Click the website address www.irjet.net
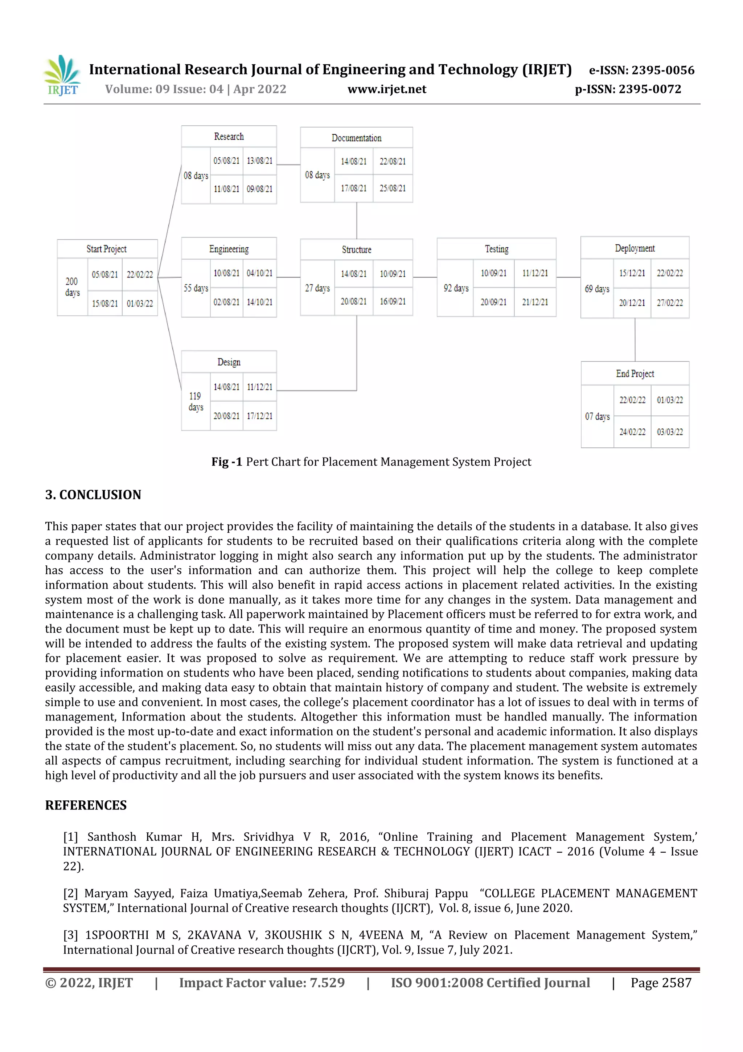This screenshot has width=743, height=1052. pyautogui.click(x=387, y=89)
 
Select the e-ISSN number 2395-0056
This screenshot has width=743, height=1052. pyautogui.click(x=663, y=70)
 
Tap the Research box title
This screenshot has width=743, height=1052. pyautogui.click(x=229, y=137)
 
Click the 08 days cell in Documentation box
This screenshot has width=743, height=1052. pyautogui.click(x=317, y=175)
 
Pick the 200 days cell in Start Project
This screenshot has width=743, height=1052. pyautogui.click(x=72, y=287)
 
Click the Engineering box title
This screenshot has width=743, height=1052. pyautogui.click(x=229, y=249)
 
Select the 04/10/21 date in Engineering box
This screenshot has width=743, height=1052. pyautogui.click(x=259, y=273)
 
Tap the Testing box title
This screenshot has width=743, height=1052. pyautogui.click(x=497, y=249)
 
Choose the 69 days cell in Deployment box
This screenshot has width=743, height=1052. pyautogui.click(x=597, y=289)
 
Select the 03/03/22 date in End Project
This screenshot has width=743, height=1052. pyautogui.click(x=670, y=432)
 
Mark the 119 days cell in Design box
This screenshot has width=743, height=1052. pyautogui.click(x=196, y=401)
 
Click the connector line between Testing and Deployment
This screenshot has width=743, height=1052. pyautogui.click(x=568, y=277)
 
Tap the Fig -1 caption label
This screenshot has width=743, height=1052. pyautogui.click(x=227, y=462)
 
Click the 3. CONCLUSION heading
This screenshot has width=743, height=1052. pyautogui.click(x=93, y=495)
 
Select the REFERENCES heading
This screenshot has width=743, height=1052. pyautogui.click(x=86, y=805)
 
